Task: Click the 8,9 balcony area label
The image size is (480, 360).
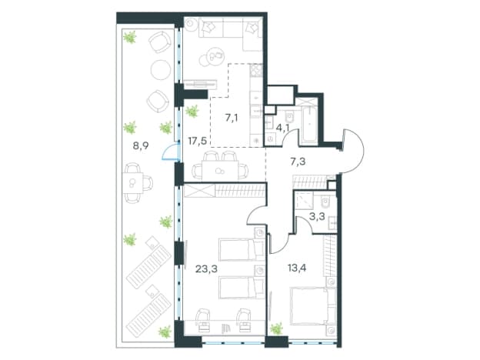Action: (x=141, y=145)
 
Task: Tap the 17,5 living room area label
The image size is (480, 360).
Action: (x=198, y=141)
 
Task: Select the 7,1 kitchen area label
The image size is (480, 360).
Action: (x=232, y=118)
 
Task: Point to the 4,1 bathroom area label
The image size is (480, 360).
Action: (x=282, y=127)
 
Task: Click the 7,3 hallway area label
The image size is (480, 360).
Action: (x=298, y=162)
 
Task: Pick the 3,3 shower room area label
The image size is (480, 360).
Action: (x=317, y=217)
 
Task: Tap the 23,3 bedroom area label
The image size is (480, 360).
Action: (x=206, y=269)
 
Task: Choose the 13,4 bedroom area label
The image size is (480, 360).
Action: (x=297, y=268)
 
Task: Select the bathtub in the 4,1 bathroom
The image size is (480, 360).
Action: (x=310, y=125)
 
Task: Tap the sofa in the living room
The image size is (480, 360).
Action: (x=231, y=34)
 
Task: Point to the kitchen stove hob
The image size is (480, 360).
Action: (x=256, y=71)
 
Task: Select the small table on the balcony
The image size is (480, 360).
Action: (x=133, y=183)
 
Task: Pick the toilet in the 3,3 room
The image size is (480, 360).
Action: (x=326, y=202)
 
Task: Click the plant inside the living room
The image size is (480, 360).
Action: (x=192, y=111)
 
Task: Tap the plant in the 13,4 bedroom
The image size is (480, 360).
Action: (x=277, y=328)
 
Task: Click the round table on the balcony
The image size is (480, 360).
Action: (x=161, y=69)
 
